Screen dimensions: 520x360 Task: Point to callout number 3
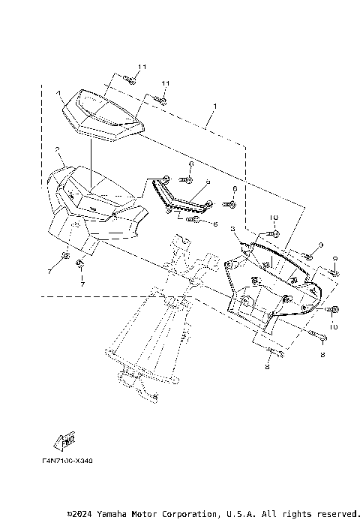(234, 229)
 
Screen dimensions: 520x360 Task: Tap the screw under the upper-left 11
(129, 80)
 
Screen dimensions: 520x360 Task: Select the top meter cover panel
(102, 113)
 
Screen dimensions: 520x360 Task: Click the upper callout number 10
(274, 217)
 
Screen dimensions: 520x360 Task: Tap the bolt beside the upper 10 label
(274, 232)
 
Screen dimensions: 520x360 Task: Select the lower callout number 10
(333, 327)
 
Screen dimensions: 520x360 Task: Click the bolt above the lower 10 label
(331, 310)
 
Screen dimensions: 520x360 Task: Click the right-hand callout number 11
(166, 83)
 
